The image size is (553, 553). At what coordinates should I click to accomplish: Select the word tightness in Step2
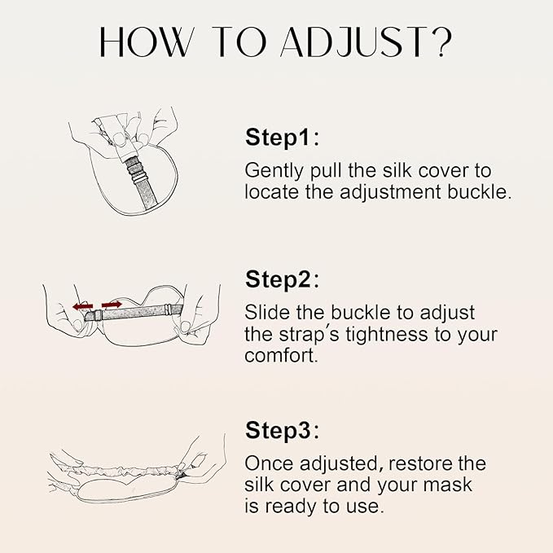pyautogui.click(x=382, y=335)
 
